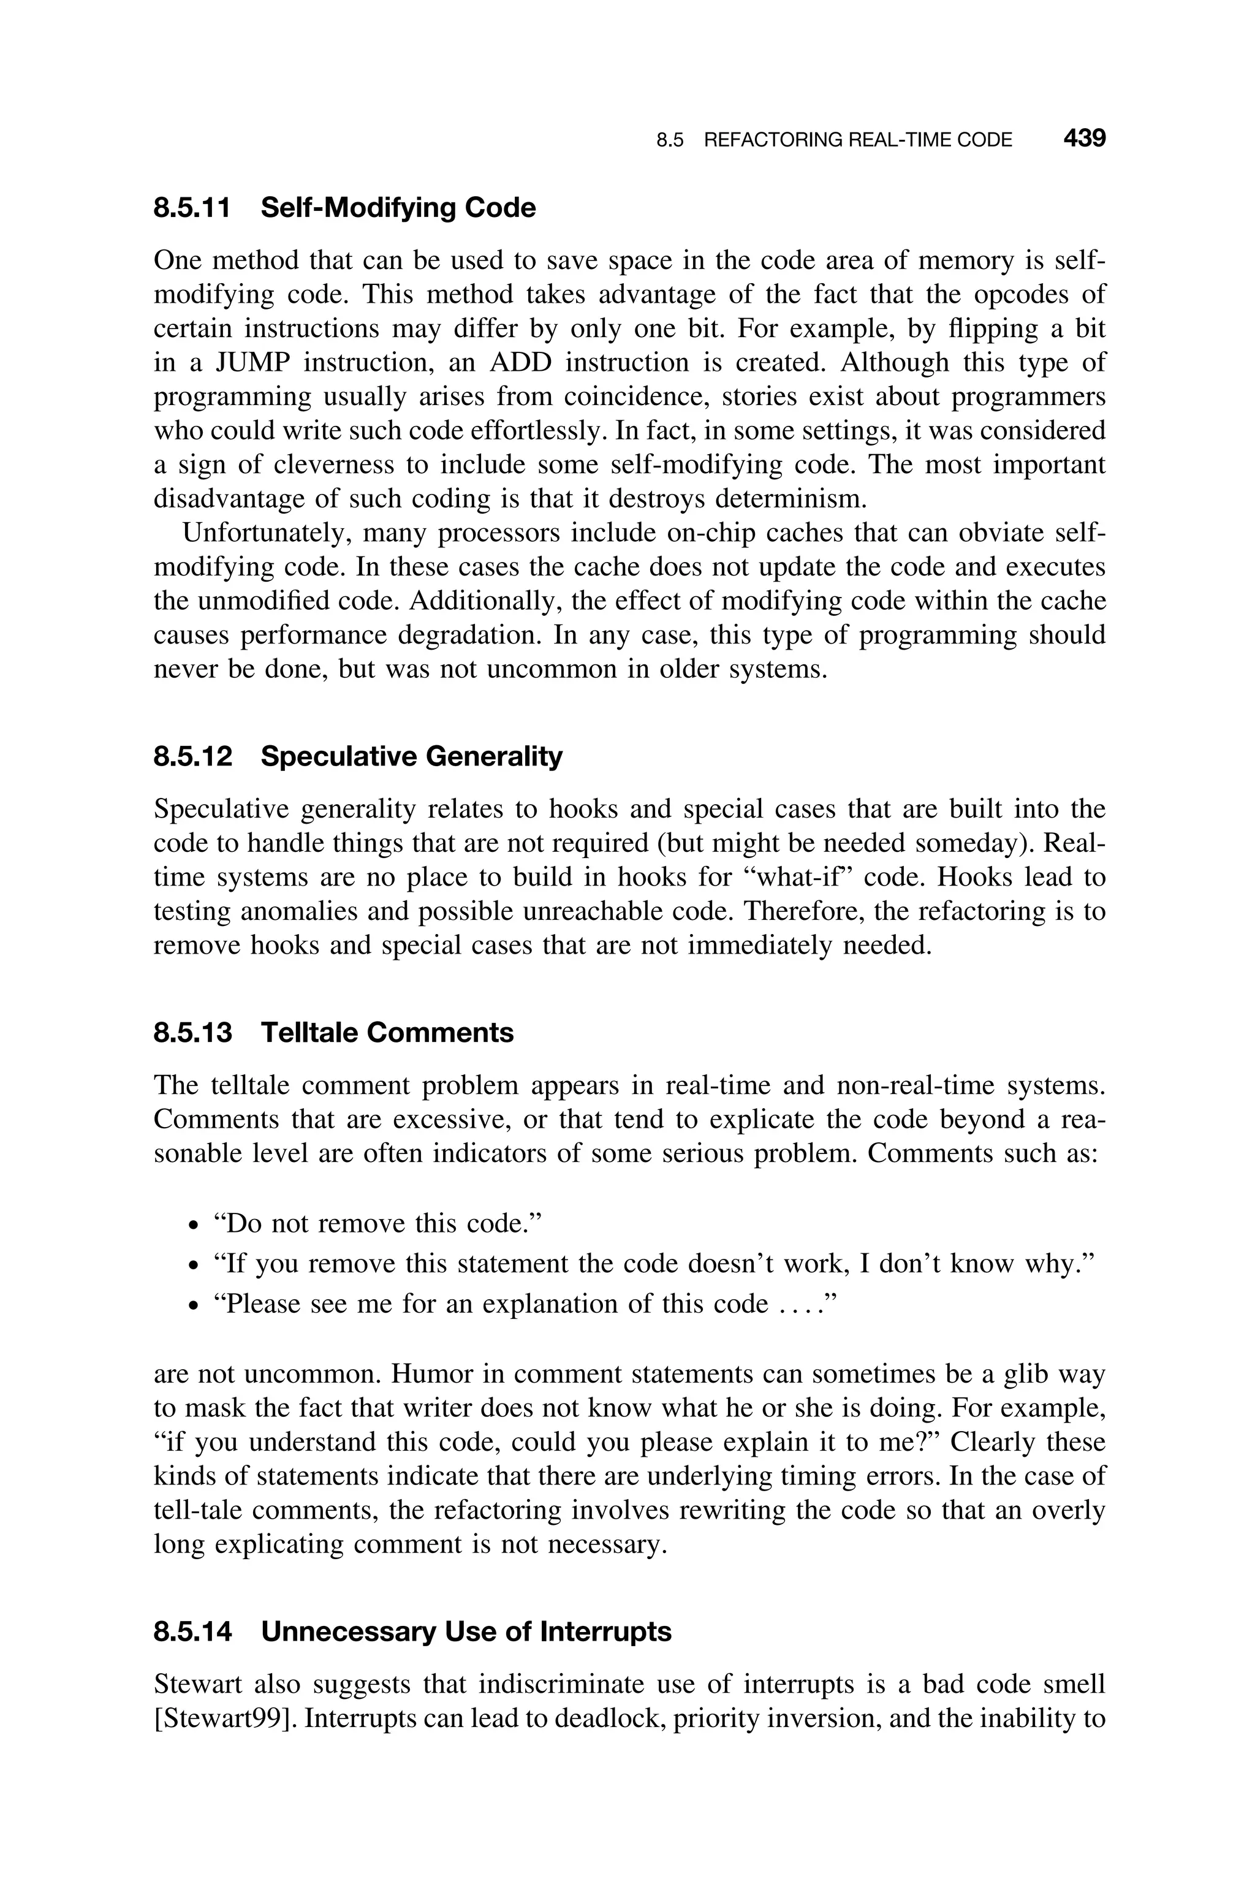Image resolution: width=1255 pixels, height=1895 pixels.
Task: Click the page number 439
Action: coord(1083,139)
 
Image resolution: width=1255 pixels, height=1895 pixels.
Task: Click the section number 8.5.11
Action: coord(192,208)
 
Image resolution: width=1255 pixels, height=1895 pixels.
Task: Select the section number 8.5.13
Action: coord(193,1032)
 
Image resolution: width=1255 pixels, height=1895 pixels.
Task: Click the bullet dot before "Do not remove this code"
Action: coord(192,1225)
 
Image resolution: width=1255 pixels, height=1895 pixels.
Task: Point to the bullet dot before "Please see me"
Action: coord(192,1305)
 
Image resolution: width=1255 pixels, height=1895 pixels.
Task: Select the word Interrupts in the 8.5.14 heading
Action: coord(606,1631)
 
